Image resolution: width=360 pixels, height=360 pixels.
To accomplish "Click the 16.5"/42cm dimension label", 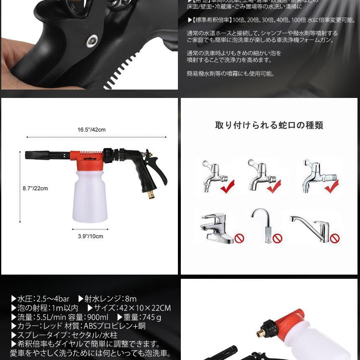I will pyautogui.click(x=92, y=130).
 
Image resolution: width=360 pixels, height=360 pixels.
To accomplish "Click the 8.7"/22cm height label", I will pyautogui.click(x=35, y=188).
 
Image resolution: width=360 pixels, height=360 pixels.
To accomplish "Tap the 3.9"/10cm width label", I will pyautogui.click(x=90, y=236).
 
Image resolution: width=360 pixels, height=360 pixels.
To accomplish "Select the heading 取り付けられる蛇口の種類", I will pyautogui.click(x=269, y=125).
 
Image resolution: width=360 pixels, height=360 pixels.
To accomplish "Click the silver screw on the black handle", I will pyautogui.click(x=91, y=41).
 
